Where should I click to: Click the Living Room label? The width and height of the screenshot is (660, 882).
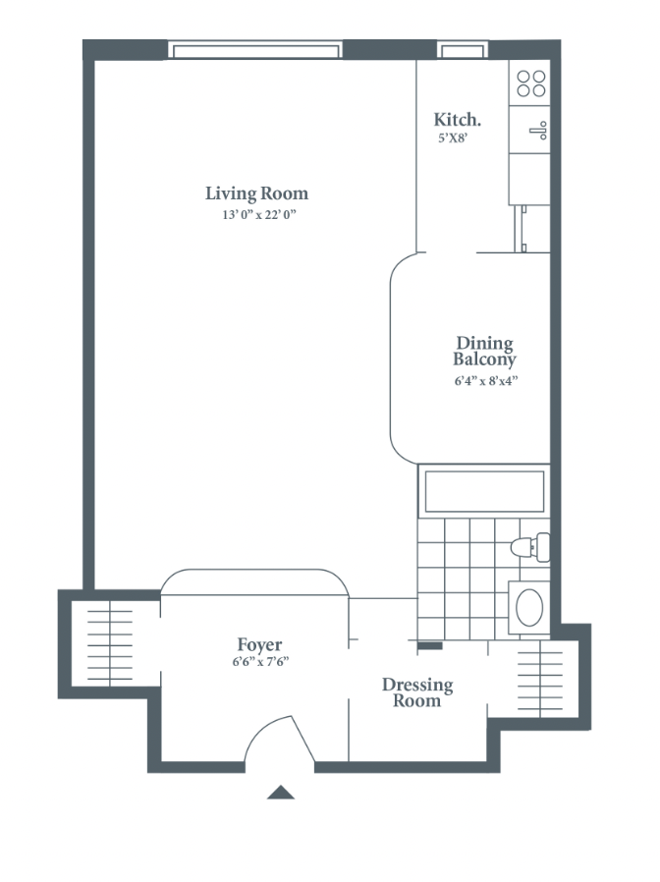coord(256,193)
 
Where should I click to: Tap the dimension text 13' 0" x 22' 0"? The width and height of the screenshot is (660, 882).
coord(259,214)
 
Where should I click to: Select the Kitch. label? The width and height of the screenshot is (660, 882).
coord(457,119)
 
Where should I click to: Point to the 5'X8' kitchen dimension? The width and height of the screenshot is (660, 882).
coord(453,138)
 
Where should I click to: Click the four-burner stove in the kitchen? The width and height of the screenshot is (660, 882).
coord(531,83)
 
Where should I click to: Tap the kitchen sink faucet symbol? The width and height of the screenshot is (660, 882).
coord(538,131)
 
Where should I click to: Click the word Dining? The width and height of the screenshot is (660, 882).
coord(484,344)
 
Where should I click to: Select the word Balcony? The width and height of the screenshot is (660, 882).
coord(484,359)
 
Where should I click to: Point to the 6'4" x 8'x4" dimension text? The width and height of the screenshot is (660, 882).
coord(486,381)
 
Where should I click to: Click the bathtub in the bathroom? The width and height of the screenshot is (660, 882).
coord(484,491)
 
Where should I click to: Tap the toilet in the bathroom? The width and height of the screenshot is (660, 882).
coord(530,547)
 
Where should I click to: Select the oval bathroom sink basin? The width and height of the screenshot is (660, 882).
coord(529,608)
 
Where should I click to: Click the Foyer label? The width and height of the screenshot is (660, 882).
coord(259,644)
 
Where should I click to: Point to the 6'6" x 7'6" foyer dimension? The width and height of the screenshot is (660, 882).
coord(260,662)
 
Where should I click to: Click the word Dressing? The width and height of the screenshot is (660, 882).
coord(417,685)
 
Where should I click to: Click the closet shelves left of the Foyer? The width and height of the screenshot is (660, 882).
coord(110,645)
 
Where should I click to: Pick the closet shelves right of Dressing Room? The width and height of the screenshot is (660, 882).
coord(540,681)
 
